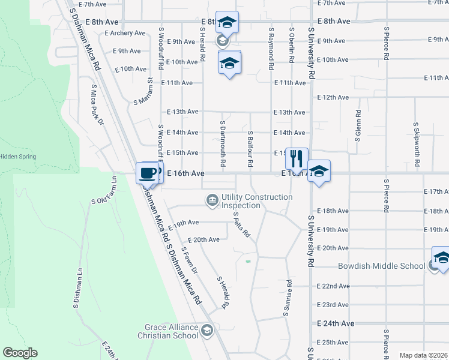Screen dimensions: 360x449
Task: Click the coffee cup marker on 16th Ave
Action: pos(148,173)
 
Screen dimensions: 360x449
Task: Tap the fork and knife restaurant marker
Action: pos(297,159)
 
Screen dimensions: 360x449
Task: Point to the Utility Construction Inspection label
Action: pos(257,201)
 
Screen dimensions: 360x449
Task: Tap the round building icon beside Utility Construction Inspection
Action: pos(212,200)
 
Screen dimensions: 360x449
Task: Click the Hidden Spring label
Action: pos(18,157)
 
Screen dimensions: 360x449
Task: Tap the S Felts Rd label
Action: pos(241,224)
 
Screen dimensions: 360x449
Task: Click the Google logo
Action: pos(20,353)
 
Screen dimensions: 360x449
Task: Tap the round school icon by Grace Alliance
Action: pos(207,329)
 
